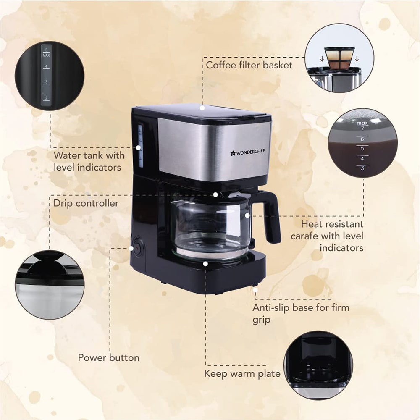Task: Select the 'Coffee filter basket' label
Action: (x=249, y=65)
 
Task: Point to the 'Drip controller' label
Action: (x=86, y=203)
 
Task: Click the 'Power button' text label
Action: (x=108, y=357)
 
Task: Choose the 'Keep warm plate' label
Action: (x=242, y=373)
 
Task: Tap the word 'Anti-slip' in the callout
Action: (x=271, y=307)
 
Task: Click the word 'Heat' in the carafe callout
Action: (x=312, y=224)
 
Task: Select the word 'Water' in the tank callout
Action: (x=68, y=155)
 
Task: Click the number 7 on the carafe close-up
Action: (x=362, y=129)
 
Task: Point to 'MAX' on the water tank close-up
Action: (x=46, y=55)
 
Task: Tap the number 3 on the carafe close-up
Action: (x=362, y=168)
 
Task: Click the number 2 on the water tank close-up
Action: (x=46, y=98)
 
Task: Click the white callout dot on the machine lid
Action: (x=202, y=108)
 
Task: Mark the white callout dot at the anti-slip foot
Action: (x=255, y=290)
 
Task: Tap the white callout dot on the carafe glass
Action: (x=247, y=215)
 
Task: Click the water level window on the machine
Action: (x=140, y=146)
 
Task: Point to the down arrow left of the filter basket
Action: (x=322, y=59)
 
